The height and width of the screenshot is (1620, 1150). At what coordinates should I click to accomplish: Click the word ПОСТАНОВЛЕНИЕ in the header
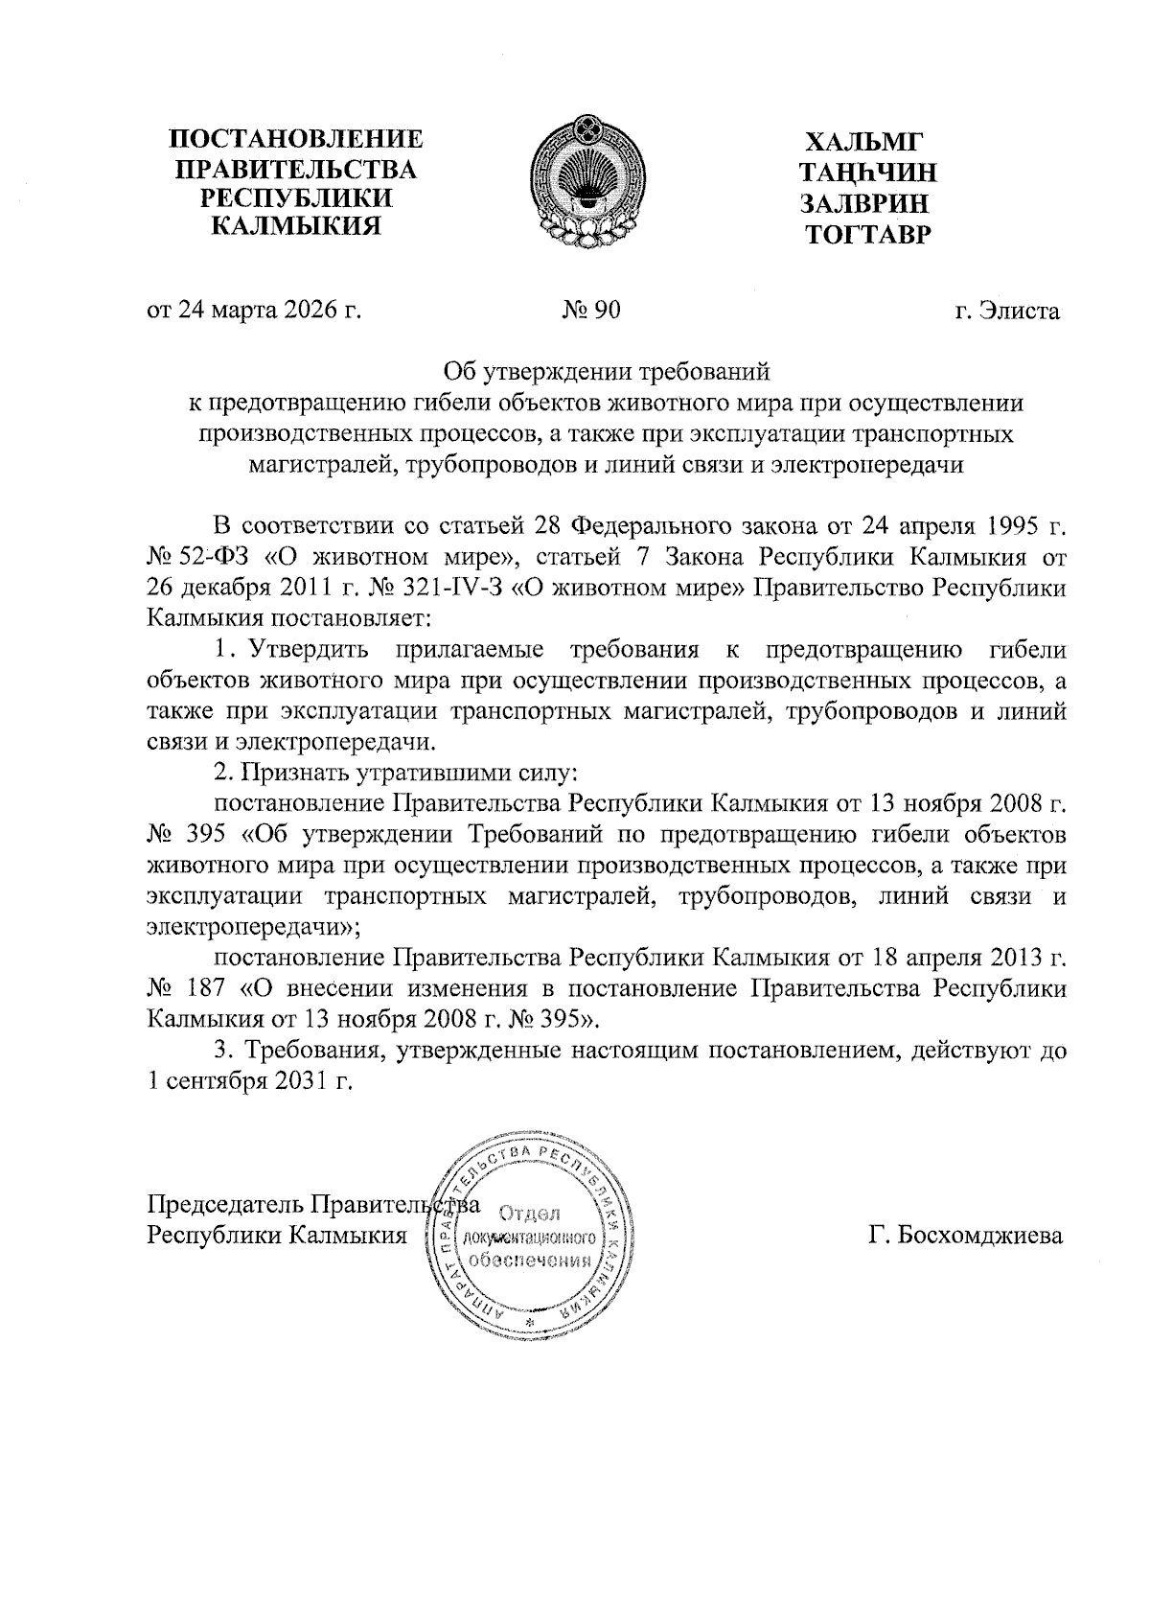coord(296,139)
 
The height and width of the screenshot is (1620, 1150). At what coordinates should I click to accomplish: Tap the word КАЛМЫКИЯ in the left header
coord(295,227)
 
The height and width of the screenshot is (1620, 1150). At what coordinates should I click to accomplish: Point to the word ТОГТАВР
coord(868,234)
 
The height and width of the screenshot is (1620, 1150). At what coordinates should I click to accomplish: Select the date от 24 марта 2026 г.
coord(254,311)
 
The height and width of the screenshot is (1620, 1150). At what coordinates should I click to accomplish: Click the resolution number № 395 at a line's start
coord(186,834)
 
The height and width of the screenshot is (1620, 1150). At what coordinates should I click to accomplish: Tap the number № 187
coord(186,987)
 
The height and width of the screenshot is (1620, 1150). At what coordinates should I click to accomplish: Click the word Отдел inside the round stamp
coord(530,1216)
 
